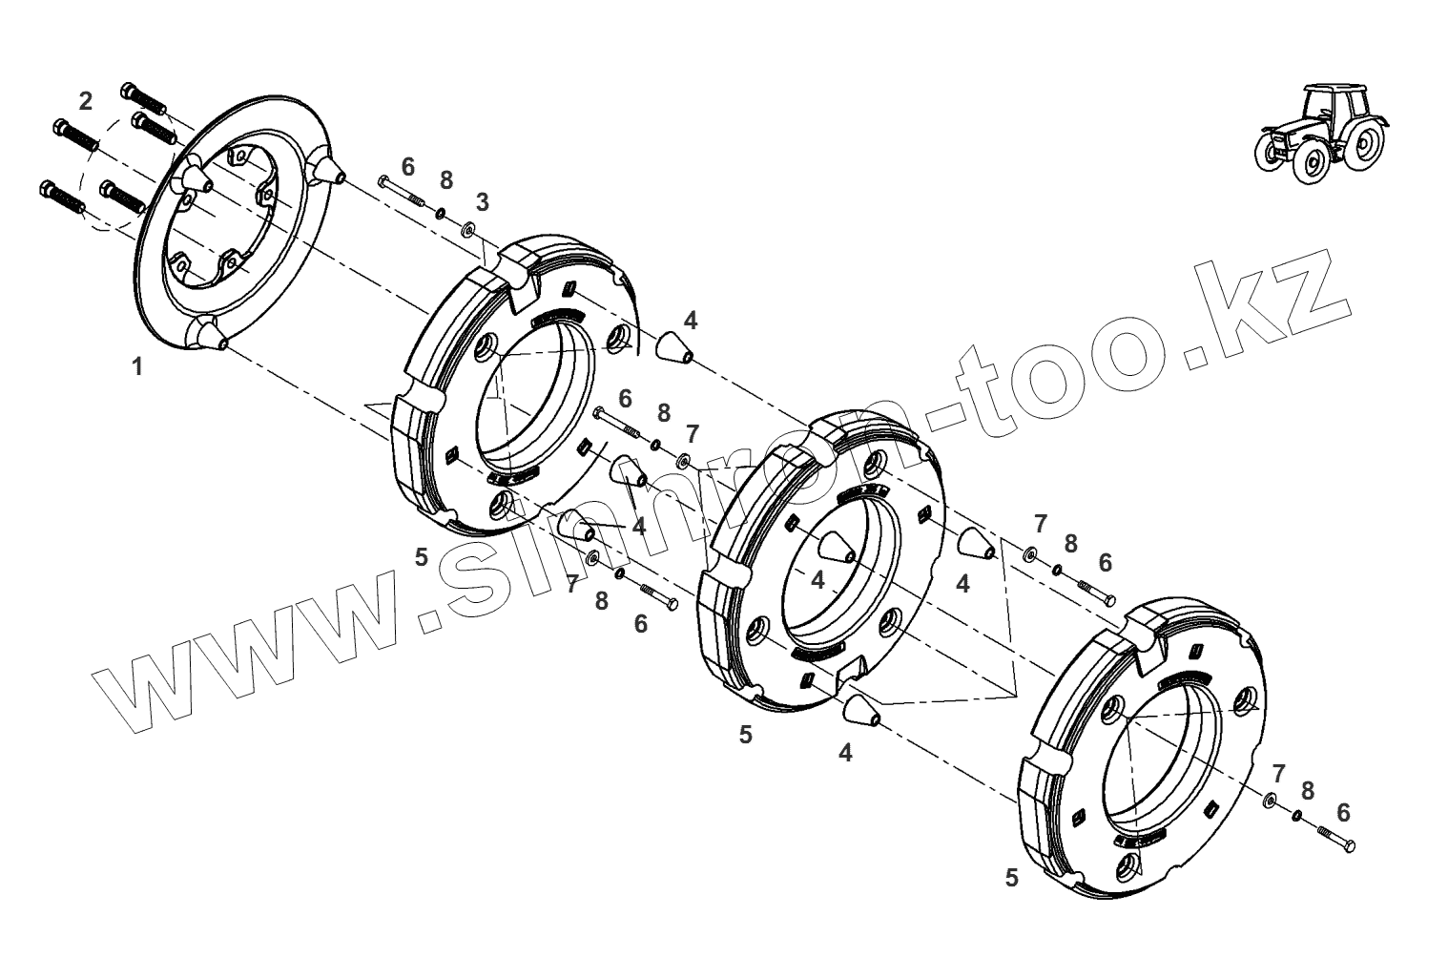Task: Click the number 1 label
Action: pos(137,366)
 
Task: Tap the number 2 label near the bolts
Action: pos(86,100)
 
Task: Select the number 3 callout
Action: pos(483,202)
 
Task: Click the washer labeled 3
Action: pos(469,230)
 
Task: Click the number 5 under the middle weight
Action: pos(745,735)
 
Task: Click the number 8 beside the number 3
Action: pos(445,181)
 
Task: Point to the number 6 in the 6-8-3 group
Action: pos(408,167)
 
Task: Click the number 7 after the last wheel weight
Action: pos(1278,773)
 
